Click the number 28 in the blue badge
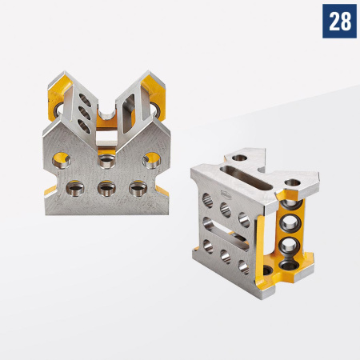point(339,22)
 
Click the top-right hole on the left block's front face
point(150,160)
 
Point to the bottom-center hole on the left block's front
point(106,190)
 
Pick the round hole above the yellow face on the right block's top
point(295,188)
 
